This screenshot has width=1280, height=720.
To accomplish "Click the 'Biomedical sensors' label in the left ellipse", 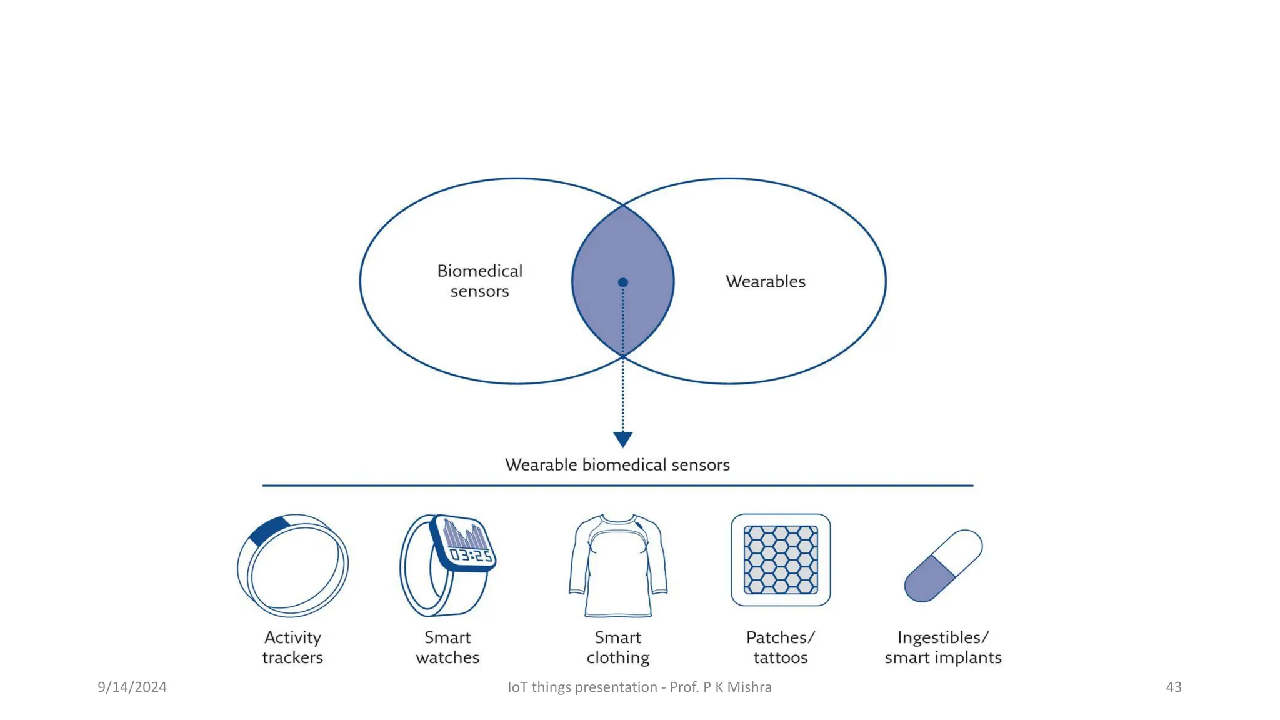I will point(479,281).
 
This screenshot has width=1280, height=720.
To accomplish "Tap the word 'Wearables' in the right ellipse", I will point(765,282).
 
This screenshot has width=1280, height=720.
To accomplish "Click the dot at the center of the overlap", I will point(622,282).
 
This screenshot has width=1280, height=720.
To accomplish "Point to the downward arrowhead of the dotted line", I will point(622,439).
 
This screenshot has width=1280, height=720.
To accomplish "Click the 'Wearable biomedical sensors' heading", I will point(617,465).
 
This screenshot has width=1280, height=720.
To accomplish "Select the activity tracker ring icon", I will point(292,566).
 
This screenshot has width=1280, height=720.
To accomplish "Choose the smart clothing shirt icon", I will point(617,566).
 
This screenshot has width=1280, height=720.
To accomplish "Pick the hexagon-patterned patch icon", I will point(781,560).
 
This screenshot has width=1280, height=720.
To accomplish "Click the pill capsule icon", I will point(943,566).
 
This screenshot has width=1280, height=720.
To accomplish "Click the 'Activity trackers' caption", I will point(292,647).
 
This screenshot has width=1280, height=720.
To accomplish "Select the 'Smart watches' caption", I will point(447,647).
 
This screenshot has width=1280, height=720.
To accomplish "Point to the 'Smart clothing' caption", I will point(617,647).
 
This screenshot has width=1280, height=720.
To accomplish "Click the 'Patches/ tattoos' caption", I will point(781,647).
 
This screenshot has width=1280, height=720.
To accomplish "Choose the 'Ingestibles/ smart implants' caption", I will point(943,647).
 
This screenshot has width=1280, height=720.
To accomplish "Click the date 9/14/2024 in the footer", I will point(132,687).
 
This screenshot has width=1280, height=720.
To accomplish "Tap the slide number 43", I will point(1173,687).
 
